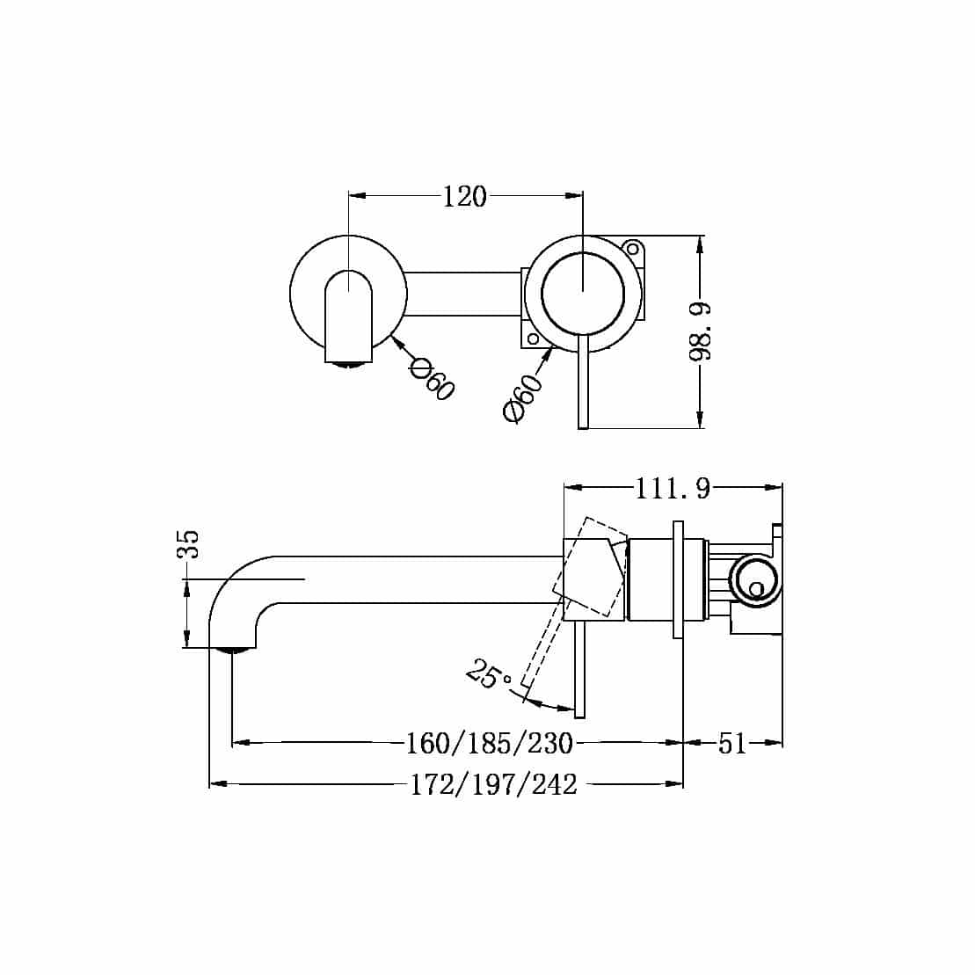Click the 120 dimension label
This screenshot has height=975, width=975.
click(x=464, y=196)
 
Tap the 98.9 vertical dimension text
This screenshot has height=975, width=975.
click(x=700, y=331)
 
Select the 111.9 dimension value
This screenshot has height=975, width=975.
click(x=673, y=488)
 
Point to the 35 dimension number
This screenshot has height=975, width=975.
click(x=188, y=545)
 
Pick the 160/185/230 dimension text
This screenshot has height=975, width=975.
click(x=489, y=743)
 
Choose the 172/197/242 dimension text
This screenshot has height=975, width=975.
click(x=493, y=784)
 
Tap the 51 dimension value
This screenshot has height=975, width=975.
click(x=731, y=743)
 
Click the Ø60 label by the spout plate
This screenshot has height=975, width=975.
click(x=433, y=379)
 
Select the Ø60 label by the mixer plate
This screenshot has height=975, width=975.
click(x=523, y=398)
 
